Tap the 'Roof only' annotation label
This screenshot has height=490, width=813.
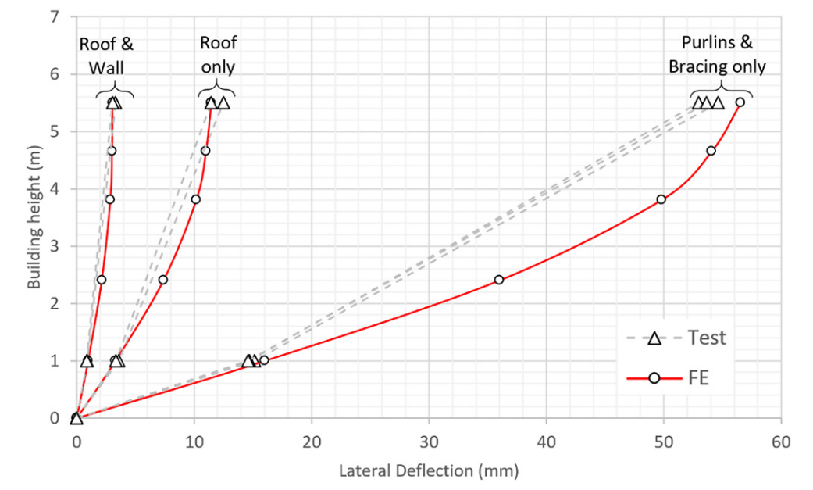(x=218, y=55)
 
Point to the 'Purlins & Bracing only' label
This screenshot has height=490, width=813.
(x=717, y=55)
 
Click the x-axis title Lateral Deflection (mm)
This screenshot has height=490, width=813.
(x=428, y=471)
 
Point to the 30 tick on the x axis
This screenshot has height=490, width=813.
(x=429, y=441)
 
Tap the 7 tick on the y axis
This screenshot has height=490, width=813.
(x=55, y=17)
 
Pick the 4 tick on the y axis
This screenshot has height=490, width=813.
(x=55, y=189)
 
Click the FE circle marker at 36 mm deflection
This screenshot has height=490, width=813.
(x=499, y=280)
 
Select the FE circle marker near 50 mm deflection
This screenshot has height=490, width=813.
(x=661, y=199)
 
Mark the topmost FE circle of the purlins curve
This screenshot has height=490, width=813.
(x=740, y=102)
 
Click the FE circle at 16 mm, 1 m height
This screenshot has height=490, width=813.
(x=264, y=360)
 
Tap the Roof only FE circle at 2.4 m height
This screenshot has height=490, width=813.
(x=162, y=280)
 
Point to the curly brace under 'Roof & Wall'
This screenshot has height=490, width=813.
(x=114, y=92)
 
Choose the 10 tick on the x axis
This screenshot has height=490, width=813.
(x=194, y=441)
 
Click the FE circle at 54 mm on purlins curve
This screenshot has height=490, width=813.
(x=711, y=151)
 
